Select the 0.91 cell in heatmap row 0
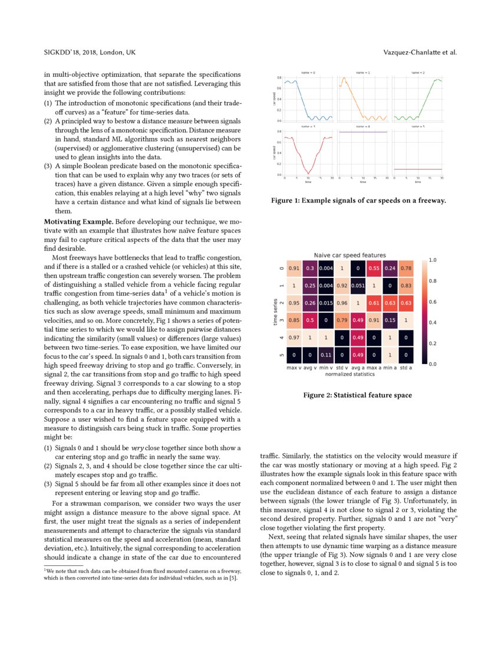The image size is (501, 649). click(x=294, y=268)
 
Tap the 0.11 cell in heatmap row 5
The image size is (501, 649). click(x=325, y=355)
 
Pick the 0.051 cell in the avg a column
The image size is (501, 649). click(x=357, y=286)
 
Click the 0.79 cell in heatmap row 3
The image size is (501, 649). click(x=341, y=320)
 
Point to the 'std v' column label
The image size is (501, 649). click(x=341, y=368)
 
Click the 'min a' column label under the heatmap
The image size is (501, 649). click(x=390, y=368)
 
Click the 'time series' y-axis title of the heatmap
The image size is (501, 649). click(x=275, y=312)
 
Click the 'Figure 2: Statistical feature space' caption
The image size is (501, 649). click(x=357, y=395)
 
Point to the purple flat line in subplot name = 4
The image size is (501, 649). click(x=362, y=132)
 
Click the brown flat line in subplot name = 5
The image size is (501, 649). click(x=417, y=169)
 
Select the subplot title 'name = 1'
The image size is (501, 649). click(x=363, y=73)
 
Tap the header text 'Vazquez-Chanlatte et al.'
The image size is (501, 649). click(x=420, y=53)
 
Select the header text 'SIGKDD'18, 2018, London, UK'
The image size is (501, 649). click(x=90, y=53)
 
